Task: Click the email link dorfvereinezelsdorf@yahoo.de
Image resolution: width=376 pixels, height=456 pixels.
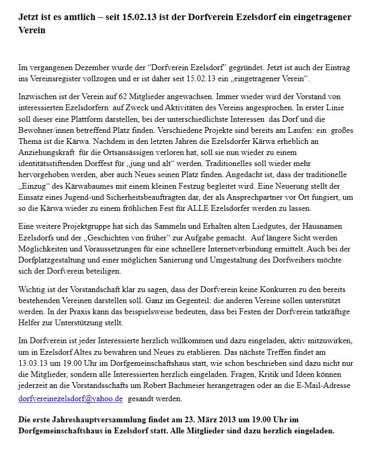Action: (x=70, y=399)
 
